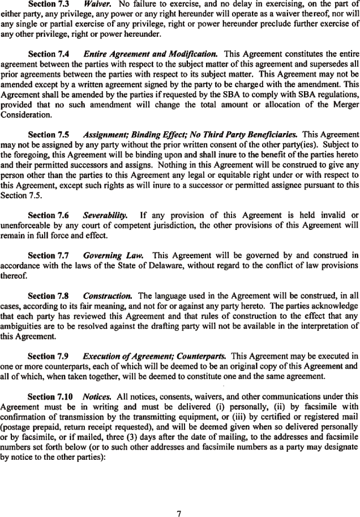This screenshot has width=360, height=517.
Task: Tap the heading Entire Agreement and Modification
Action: (150, 54)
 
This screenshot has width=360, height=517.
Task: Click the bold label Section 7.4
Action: (48, 54)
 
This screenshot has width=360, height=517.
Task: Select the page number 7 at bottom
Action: (179, 498)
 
